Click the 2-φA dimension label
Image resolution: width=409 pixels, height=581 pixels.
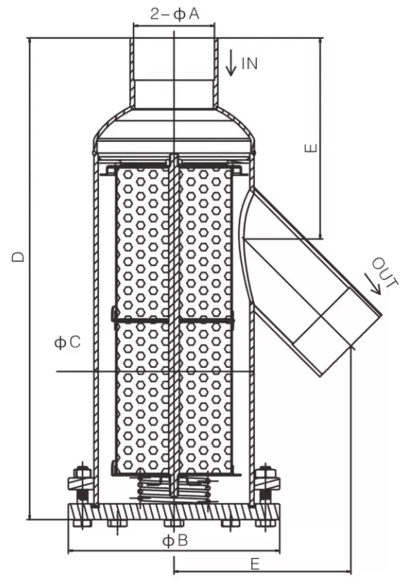(x=174, y=14)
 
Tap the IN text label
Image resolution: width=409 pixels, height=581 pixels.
(x=249, y=63)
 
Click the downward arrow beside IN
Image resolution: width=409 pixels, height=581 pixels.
(x=231, y=63)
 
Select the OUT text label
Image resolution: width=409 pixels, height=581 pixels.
(x=385, y=273)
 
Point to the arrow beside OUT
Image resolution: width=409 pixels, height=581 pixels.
(x=372, y=284)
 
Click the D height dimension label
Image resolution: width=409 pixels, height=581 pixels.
(x=18, y=256)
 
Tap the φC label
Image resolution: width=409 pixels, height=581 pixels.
(x=67, y=342)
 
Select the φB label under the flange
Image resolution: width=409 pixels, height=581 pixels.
(x=175, y=541)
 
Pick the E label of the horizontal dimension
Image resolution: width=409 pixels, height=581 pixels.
(x=255, y=565)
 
